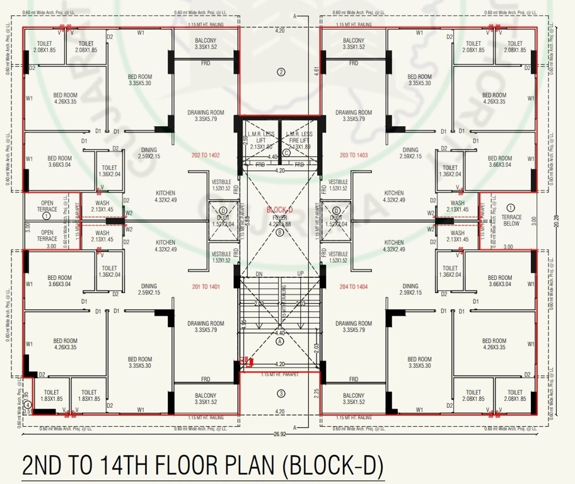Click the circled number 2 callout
pyautogui.click(x=281, y=72)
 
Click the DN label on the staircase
pyautogui.click(x=258, y=274)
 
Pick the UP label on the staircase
pyautogui.click(x=300, y=274)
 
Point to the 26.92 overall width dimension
pyautogui.click(x=280, y=434)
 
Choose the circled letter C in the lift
pyautogui.click(x=286, y=152)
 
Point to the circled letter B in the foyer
pyautogui.click(x=280, y=231)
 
